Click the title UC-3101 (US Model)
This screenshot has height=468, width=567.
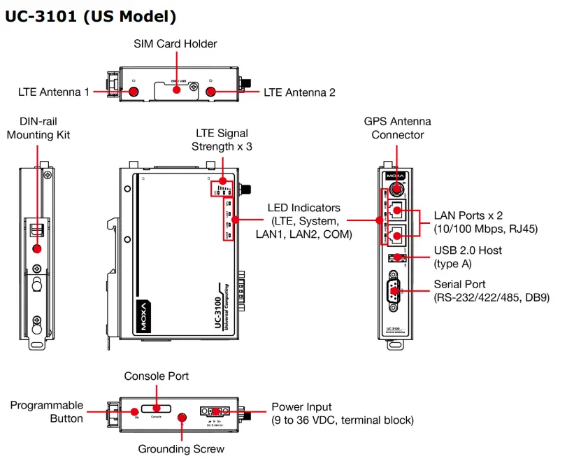pyautogui.click(x=91, y=15)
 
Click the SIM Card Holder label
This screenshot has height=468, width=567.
pyautogui.click(x=175, y=43)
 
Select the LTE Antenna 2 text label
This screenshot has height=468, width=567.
pyautogui.click(x=299, y=92)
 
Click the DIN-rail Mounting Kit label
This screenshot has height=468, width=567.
pyautogui.click(x=38, y=127)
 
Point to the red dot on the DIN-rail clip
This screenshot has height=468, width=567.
pyautogui.click(x=36, y=248)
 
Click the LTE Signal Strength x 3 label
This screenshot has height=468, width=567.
pyautogui.click(x=221, y=139)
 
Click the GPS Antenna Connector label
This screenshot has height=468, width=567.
pyautogui.click(x=398, y=127)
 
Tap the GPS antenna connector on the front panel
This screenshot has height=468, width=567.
pyautogui.click(x=397, y=188)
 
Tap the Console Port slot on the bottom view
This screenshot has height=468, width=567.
pyautogui.click(x=157, y=408)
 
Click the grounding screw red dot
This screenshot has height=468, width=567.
pyautogui.click(x=182, y=418)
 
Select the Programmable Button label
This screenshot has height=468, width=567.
pyautogui.click(x=46, y=412)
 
